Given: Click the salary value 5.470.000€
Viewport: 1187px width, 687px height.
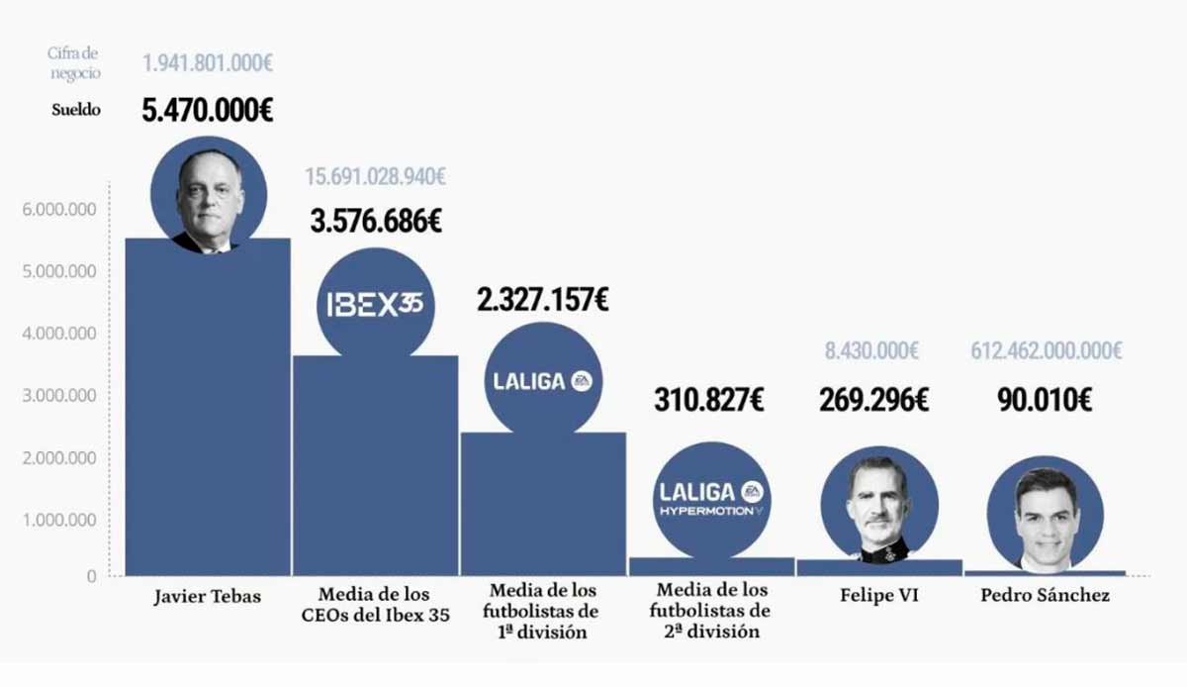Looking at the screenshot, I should (x=208, y=109).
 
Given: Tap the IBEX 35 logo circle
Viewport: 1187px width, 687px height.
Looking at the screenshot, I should (x=375, y=303).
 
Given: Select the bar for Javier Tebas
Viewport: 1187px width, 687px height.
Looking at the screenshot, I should (x=208, y=416).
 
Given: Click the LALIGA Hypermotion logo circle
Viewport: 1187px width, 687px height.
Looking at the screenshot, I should (x=713, y=500).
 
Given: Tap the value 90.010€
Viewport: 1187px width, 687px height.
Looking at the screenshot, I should (x=1045, y=400).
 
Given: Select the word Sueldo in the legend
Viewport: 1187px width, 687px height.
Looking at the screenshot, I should (x=76, y=109).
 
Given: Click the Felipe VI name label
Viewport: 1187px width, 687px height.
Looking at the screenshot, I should (x=878, y=596).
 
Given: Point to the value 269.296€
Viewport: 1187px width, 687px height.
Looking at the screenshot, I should (x=873, y=400).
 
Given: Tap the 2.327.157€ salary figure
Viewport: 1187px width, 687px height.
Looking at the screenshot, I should (x=542, y=298).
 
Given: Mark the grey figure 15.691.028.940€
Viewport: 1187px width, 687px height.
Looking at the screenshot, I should (x=375, y=177).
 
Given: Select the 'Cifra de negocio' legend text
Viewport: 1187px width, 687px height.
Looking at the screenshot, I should (x=74, y=62).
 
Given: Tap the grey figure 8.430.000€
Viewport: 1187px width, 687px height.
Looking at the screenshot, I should (x=871, y=350).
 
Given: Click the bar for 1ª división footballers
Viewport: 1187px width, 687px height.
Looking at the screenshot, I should (x=542, y=505).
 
